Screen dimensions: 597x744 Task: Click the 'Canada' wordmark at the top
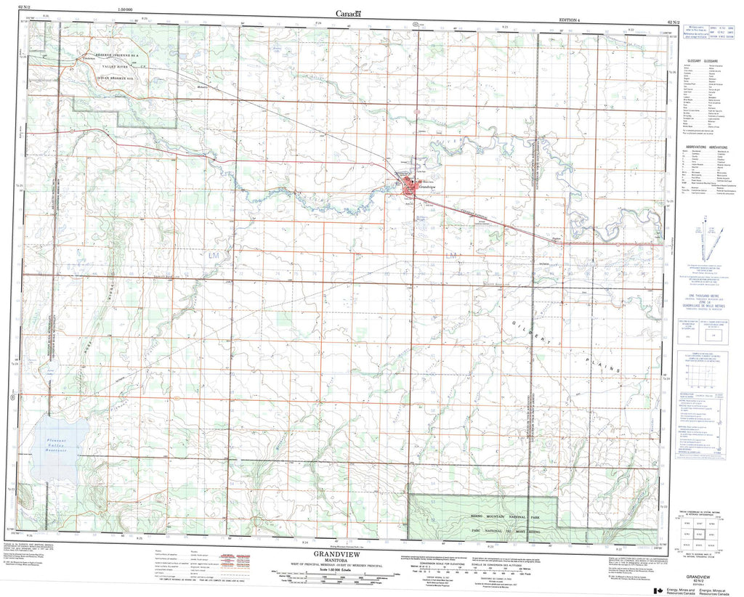pyautogui.click(x=348, y=12)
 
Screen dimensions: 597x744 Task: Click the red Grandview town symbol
pyautogui.click(x=411, y=191)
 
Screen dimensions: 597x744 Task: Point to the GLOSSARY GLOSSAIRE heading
pyautogui.click(x=702, y=61)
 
